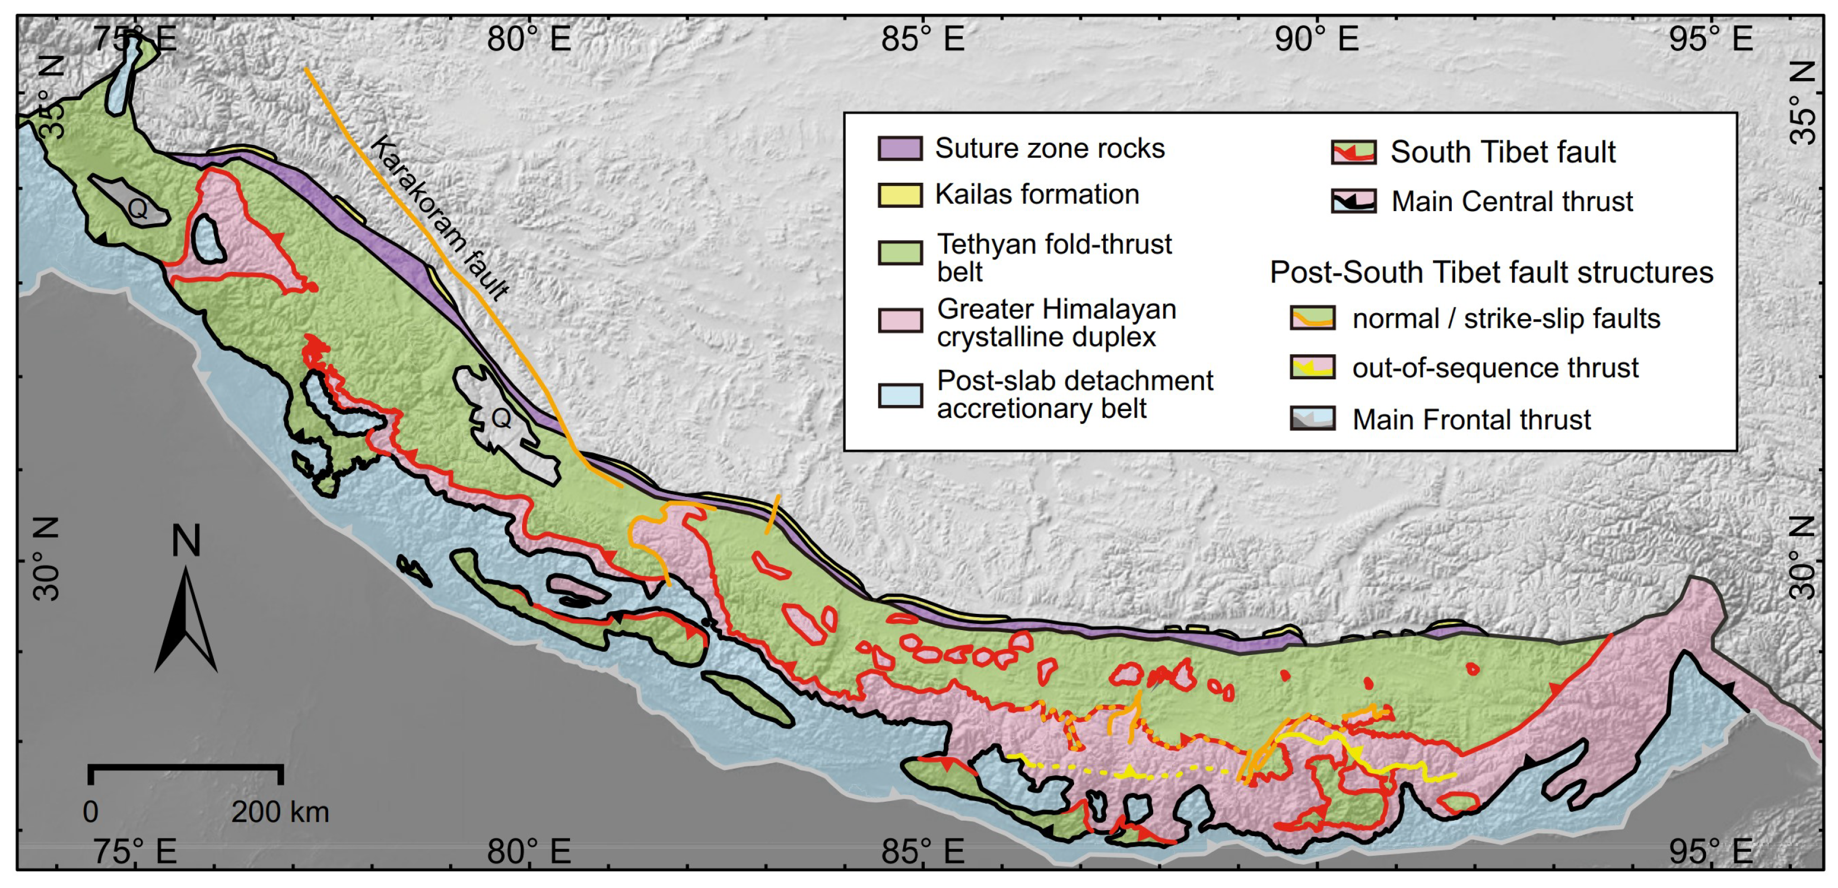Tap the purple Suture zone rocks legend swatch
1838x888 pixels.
[x=900, y=148]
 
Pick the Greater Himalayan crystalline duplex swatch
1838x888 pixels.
[x=900, y=320]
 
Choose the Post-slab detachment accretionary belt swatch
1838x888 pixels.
[x=900, y=394]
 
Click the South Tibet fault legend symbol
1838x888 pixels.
[x=1353, y=153]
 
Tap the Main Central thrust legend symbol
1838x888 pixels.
[x=1353, y=201]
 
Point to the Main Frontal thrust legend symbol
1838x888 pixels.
[x=1312, y=418]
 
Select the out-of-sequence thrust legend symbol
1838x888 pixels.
[x=1312, y=367]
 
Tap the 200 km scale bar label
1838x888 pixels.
[x=280, y=812]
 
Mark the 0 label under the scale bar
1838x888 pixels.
[x=91, y=812]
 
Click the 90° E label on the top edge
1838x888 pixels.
[x=1316, y=38]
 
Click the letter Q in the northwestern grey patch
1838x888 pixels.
[x=137, y=208]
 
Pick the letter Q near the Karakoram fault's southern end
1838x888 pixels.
[x=501, y=419]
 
